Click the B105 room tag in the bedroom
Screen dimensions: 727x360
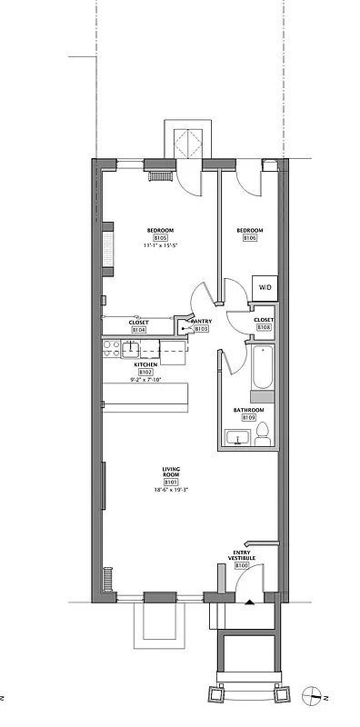point(160,238)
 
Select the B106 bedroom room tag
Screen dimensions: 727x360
point(249,238)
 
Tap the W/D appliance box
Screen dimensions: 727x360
point(264,287)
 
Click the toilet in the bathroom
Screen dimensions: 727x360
point(263,435)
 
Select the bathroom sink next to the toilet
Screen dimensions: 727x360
point(239,439)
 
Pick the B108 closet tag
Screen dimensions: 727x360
point(263,328)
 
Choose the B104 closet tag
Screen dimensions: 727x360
point(138,329)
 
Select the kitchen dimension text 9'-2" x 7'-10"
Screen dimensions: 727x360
point(145,379)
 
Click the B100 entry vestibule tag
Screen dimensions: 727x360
point(242,565)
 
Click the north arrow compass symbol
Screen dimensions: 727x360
point(313,695)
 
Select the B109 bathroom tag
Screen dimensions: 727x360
point(248,417)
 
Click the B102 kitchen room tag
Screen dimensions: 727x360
point(145,372)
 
